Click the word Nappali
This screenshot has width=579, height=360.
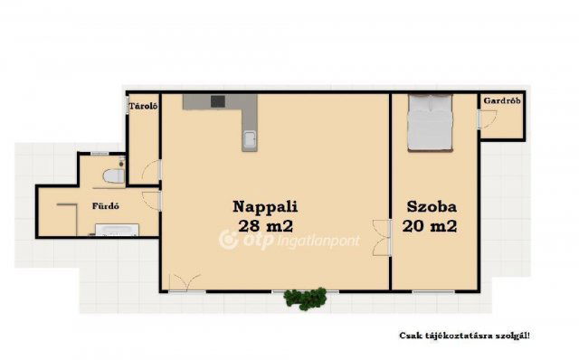pos(265,205)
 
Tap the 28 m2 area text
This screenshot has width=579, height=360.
pos(265,225)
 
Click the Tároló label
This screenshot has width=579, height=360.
pos(143,106)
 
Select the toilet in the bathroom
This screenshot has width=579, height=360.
pos(113,175)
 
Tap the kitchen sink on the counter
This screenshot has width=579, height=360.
pos(250,139)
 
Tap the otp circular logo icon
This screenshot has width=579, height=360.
pos(228,240)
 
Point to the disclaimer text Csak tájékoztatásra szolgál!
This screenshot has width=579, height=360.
pos(464,336)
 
